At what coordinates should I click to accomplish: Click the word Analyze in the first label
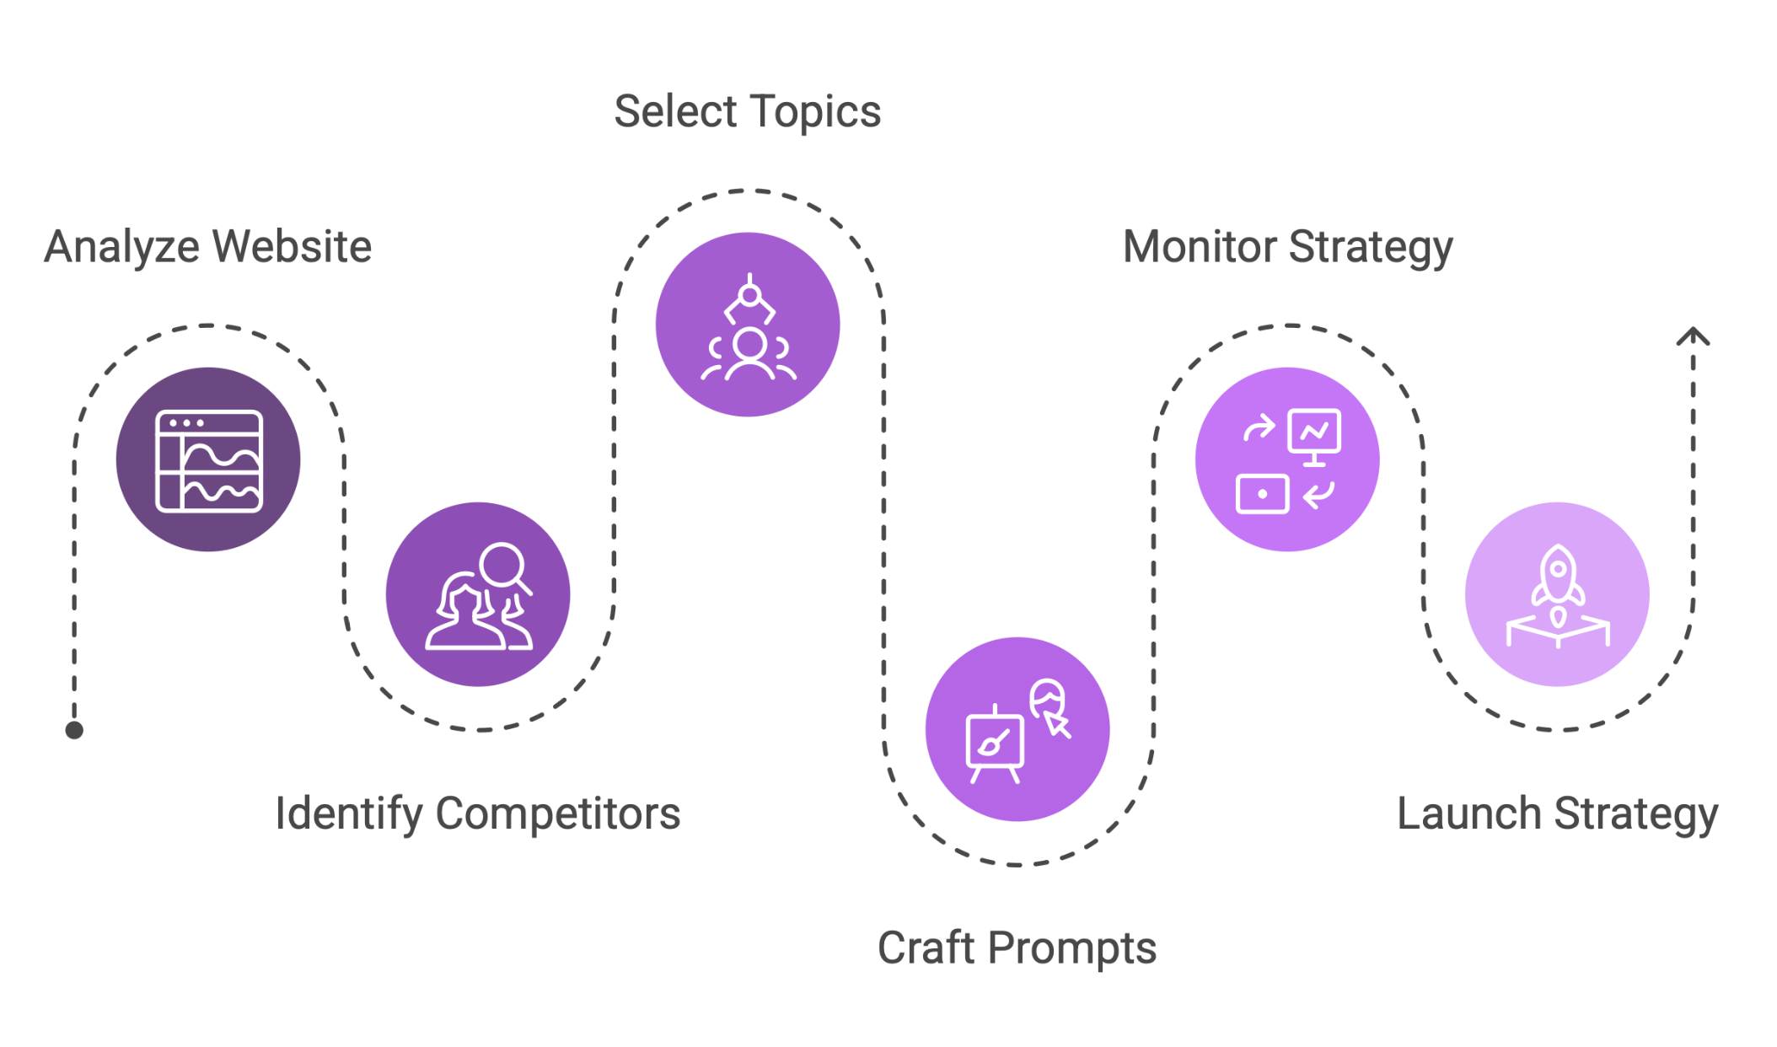tap(123, 247)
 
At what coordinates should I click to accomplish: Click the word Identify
tap(349, 814)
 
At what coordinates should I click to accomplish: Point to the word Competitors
tap(558, 814)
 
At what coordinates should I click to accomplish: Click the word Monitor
tap(1200, 247)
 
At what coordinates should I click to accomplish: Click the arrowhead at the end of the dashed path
tap(1693, 337)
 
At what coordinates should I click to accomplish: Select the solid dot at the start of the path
tap(74, 730)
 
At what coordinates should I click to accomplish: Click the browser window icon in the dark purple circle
tap(209, 460)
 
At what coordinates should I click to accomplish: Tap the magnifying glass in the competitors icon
tap(504, 566)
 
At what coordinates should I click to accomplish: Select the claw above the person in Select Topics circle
tap(749, 301)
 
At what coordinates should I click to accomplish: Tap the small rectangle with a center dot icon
tap(1262, 494)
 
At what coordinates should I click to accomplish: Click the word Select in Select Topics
tap(676, 112)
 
